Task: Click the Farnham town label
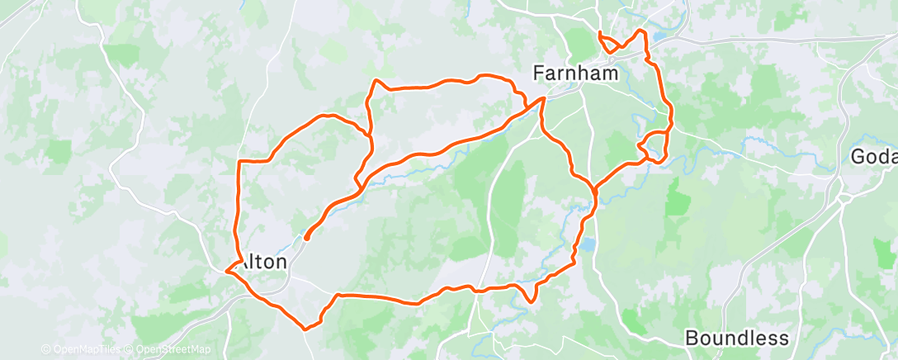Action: [576, 73]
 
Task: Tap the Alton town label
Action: [262, 262]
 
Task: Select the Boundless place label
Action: [737, 338]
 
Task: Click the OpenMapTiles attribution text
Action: [85, 350]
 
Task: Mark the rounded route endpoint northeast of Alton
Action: [306, 238]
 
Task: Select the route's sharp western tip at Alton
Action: [227, 269]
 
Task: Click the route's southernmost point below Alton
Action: [307, 329]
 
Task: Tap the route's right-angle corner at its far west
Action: [239, 161]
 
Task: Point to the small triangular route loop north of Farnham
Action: [607, 43]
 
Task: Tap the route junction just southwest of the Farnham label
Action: [542, 100]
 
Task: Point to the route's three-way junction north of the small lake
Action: [593, 187]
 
